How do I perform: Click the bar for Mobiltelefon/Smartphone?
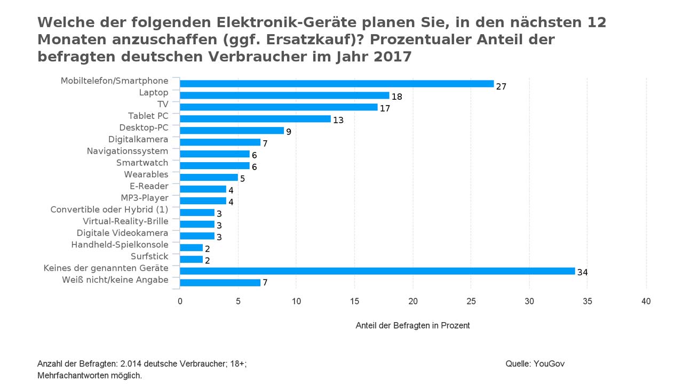coord(337,84)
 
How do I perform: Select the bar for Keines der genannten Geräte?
coord(377,271)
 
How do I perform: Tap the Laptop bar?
coord(284,95)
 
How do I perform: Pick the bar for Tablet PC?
coord(255,119)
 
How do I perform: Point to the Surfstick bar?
coord(192,259)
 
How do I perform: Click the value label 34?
coord(582,273)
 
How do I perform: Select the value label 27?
coord(501,86)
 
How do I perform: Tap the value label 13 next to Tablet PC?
coord(338,121)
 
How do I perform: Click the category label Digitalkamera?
coord(138,139)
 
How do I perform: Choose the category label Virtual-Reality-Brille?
coord(125,221)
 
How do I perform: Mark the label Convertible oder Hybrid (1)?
coord(109,210)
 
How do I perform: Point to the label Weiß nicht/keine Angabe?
coord(115,280)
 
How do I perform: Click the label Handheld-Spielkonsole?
coord(120,245)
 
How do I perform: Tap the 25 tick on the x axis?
coord(471,301)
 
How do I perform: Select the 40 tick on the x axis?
coord(646,301)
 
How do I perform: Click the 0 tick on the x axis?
coord(180,301)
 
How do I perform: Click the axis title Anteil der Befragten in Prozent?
coord(412,325)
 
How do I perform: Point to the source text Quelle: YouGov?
coord(535,364)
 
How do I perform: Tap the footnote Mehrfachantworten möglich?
coord(89,375)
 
